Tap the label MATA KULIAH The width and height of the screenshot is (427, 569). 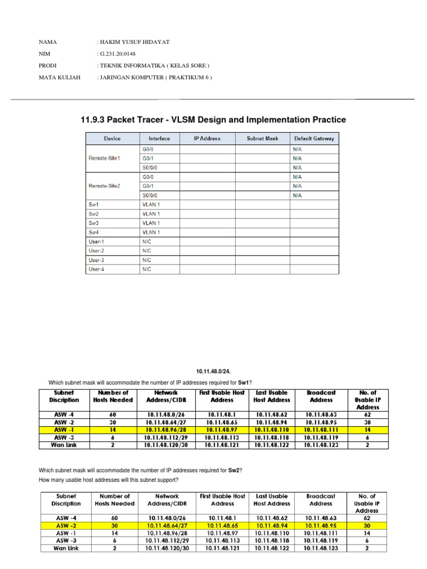(x=59, y=77)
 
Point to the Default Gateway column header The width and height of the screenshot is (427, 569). (x=314, y=138)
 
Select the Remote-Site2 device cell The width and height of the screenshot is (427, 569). (x=105, y=186)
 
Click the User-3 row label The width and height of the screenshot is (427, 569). (x=97, y=260)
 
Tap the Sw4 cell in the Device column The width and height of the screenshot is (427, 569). (x=93, y=232)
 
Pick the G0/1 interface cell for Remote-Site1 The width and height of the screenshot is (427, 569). (x=148, y=158)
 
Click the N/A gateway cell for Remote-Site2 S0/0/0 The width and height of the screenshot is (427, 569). (x=297, y=196)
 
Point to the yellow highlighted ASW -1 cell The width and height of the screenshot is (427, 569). (x=61, y=430)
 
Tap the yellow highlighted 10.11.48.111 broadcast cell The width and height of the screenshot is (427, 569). (x=321, y=430)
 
